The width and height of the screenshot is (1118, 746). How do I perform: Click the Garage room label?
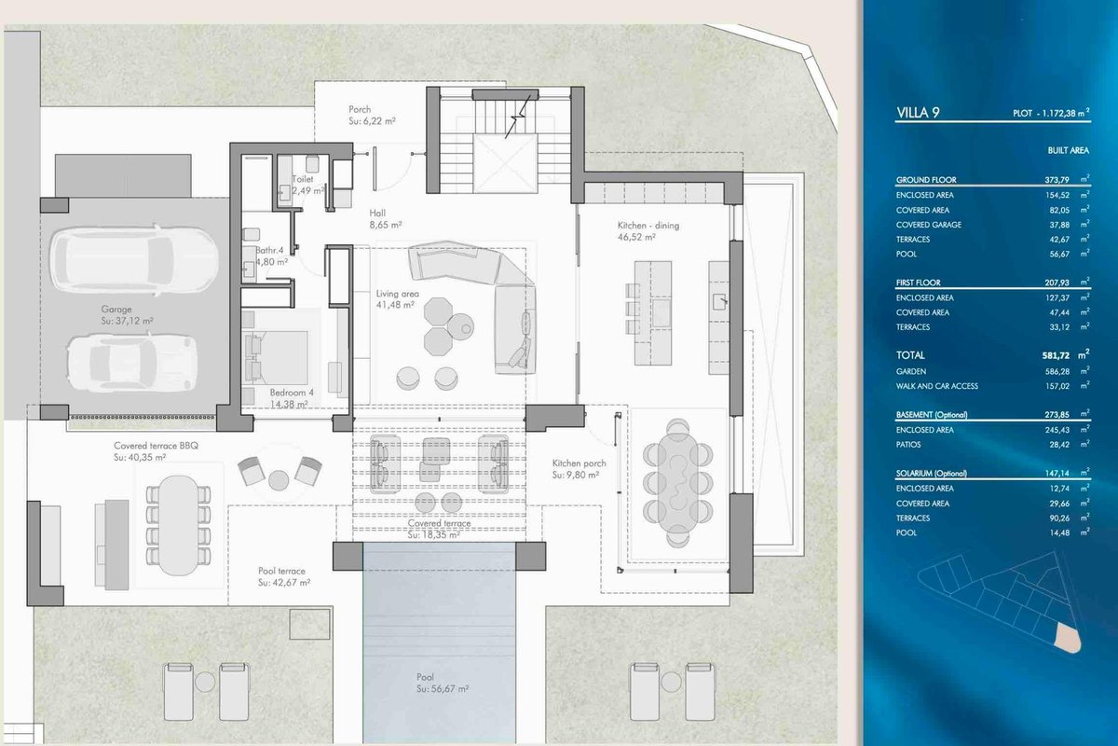116,310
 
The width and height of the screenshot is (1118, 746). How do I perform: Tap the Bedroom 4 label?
292,393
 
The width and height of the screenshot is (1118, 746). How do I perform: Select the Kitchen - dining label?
648,226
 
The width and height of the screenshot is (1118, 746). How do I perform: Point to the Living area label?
397,294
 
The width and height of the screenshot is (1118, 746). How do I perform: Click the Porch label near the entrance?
360,109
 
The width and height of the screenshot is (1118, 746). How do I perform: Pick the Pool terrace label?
281,571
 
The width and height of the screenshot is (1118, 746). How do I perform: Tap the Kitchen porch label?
579,463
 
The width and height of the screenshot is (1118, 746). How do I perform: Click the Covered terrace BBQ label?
156,445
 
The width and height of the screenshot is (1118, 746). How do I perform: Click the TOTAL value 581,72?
1056,355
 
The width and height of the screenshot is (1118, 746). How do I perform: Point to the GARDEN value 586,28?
1057,371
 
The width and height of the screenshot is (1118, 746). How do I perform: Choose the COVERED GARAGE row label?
928,225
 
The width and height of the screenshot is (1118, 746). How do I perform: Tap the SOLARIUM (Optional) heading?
932,473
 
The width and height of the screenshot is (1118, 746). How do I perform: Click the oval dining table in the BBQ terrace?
178,526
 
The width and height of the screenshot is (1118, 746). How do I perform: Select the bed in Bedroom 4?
276,357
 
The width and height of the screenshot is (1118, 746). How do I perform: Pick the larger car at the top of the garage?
134,260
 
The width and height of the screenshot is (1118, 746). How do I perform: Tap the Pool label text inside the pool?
425,677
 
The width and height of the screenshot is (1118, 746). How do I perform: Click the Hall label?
377,214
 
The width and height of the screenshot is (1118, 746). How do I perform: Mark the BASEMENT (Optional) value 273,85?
1057,415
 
